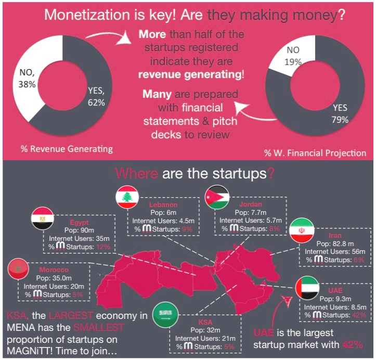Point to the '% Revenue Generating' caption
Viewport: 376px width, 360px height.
click(x=67, y=149)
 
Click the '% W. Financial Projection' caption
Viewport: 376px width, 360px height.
click(x=315, y=152)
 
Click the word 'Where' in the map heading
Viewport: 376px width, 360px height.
click(x=137, y=173)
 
